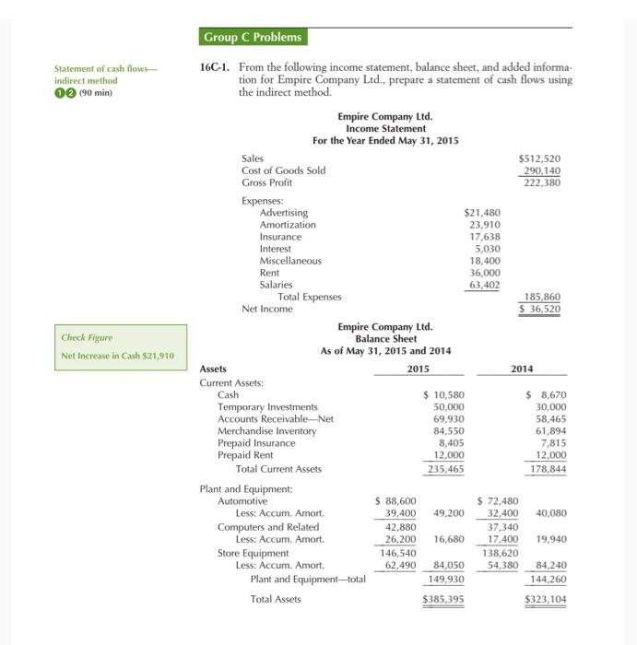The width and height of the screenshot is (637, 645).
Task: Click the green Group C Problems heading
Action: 252,38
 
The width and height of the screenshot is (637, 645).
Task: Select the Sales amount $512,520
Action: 540,158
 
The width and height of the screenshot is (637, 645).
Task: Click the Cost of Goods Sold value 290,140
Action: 542,170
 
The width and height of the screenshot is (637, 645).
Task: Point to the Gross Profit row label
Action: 266,182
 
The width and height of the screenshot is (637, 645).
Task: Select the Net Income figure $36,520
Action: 540,309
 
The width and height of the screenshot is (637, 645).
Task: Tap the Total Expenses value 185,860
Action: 542,297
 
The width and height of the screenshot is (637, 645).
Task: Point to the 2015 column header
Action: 419,369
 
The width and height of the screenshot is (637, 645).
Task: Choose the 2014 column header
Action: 522,369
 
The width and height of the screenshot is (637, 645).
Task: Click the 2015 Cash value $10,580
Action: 443,394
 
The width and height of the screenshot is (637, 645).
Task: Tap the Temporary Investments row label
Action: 267,406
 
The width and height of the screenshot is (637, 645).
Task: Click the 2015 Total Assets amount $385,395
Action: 443,599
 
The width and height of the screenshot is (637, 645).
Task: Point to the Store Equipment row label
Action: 254,553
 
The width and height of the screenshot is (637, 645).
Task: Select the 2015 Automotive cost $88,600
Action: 397,500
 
